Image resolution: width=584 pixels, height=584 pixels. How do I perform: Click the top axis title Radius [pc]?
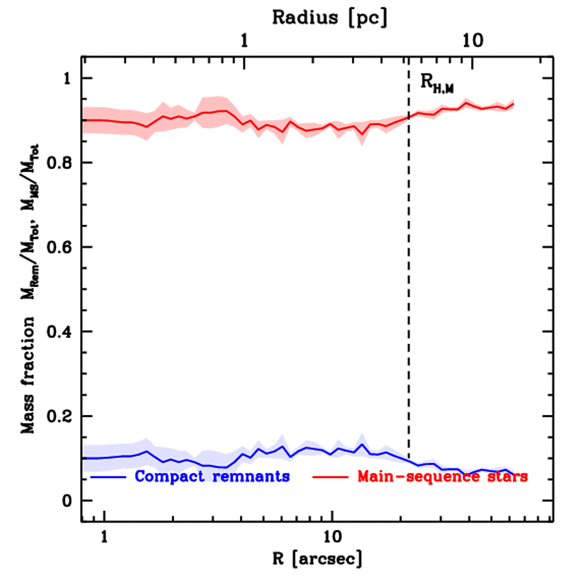coord(329,17)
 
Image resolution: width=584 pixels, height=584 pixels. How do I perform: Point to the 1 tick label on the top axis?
coord(245,42)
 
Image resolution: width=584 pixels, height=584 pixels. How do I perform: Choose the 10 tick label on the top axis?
coord(473,42)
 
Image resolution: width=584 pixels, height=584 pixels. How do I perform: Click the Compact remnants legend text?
coord(213,476)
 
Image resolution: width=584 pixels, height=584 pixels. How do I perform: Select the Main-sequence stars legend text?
coord(443,476)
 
